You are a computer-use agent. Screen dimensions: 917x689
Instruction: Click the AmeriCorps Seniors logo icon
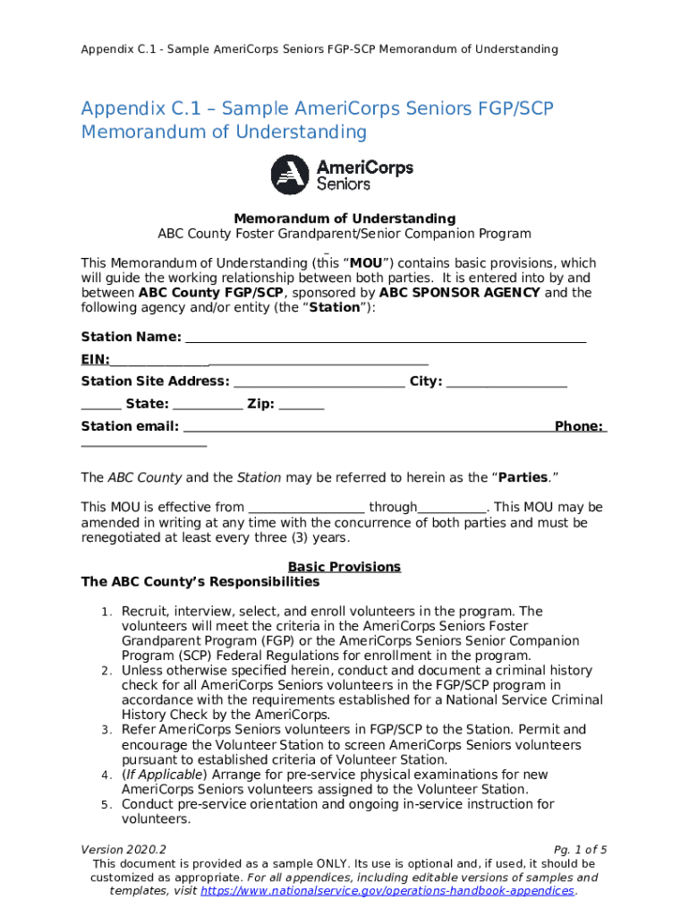(x=291, y=174)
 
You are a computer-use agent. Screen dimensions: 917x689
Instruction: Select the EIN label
(x=95, y=360)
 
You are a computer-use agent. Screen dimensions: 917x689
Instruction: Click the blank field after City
(x=506, y=382)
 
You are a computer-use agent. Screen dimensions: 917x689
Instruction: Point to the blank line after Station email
(x=367, y=427)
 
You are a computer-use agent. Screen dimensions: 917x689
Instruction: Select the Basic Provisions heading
(x=344, y=567)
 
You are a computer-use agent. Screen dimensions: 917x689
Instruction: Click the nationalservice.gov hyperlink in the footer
(x=387, y=891)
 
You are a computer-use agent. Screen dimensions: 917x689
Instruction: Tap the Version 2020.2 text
(x=123, y=849)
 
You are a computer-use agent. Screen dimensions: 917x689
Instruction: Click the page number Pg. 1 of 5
(x=581, y=849)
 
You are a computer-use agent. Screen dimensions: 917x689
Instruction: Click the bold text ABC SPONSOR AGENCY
(x=459, y=293)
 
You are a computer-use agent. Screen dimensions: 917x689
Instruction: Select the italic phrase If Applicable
(x=165, y=775)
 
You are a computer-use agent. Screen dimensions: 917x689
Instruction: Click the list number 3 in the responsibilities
(x=106, y=731)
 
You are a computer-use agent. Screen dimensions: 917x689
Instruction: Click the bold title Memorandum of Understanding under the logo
(x=344, y=219)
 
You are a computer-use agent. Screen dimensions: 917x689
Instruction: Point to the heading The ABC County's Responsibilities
(x=200, y=582)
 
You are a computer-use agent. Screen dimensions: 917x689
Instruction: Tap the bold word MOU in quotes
(x=367, y=263)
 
